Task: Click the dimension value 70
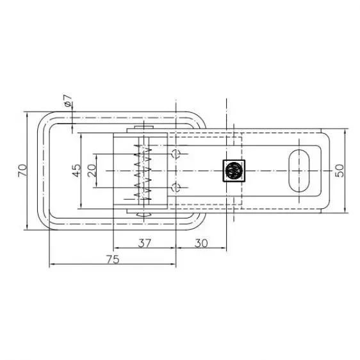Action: pyautogui.click(x=21, y=170)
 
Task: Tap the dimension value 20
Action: pyautogui.click(x=92, y=170)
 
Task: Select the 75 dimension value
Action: pyautogui.click(x=112, y=259)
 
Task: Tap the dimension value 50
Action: pyautogui.click(x=340, y=170)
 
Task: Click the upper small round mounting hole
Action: pyautogui.click(x=178, y=153)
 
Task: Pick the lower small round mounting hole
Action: pyautogui.click(x=178, y=187)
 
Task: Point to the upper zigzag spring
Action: pyautogui.click(x=142, y=156)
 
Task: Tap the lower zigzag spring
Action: pyautogui.click(x=142, y=186)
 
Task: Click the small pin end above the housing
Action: pyautogui.click(x=145, y=129)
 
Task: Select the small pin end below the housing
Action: pyautogui.click(x=145, y=213)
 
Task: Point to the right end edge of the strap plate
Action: pyautogui.click(x=327, y=170)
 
